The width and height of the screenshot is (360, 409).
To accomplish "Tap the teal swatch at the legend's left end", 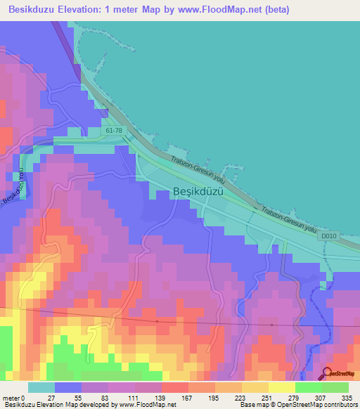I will tap(41, 387).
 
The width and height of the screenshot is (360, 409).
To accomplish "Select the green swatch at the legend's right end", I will tap(335, 387).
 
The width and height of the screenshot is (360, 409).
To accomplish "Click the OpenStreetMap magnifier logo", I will tap(327, 375).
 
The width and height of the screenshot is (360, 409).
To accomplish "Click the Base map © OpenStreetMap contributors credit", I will tap(297, 405).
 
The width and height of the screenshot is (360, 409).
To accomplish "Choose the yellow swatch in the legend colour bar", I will tap(281, 387).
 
